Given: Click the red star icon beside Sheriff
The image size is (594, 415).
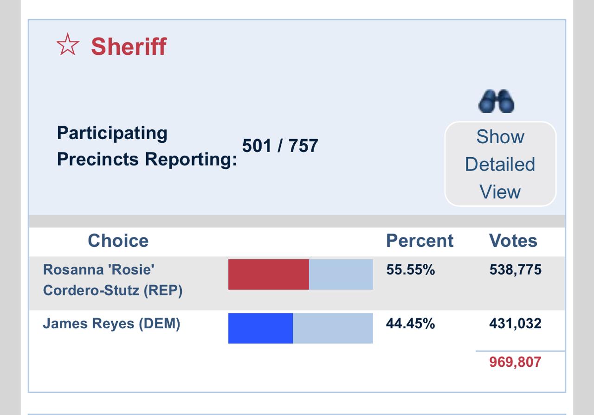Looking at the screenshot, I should tap(68, 45).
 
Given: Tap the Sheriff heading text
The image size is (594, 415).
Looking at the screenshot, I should tap(129, 46).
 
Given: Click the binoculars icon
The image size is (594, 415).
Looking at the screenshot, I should tap(496, 101).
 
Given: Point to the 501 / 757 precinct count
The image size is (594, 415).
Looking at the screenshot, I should tap(280, 146).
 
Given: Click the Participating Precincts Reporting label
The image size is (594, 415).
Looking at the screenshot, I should tap(146, 146).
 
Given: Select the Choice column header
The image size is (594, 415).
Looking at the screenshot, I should tap(118, 241).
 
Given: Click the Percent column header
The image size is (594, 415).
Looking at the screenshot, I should tap(420, 241).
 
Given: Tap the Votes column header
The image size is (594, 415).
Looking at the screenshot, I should tap(513, 241).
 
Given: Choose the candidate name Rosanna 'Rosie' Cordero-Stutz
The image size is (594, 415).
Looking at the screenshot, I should tap(112, 280).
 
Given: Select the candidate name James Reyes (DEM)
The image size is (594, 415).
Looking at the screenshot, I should tap(111, 323).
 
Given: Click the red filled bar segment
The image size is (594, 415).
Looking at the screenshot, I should tap(268, 275).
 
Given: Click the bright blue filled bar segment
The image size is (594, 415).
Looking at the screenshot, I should tap(260, 328).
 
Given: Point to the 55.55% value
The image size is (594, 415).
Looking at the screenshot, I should tap(410, 270).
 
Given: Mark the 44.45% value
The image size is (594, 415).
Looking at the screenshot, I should tap(410, 323).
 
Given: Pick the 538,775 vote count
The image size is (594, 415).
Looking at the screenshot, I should tap(515, 270).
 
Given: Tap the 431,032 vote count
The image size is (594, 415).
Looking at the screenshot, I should tap(515, 323).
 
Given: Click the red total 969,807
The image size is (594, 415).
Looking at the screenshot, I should tap(515, 362).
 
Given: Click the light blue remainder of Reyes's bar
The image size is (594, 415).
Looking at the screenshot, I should tap(333, 328).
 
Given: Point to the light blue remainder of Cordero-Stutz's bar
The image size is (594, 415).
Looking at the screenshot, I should tap(341, 275).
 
